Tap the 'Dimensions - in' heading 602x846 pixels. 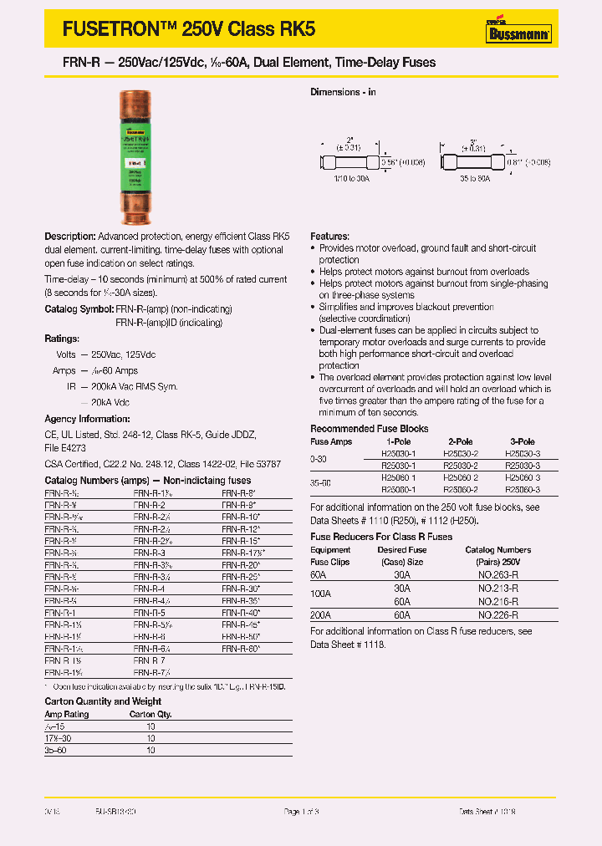pyautogui.click(x=343, y=92)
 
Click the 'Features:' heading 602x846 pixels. pyautogui.click(x=329, y=237)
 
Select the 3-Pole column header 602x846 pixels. pyautogui.click(x=523, y=441)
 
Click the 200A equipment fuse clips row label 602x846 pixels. pyautogui.click(x=320, y=614)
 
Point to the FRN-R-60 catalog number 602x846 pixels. pyautogui.click(x=242, y=648)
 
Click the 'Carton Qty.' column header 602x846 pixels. pyautogui.click(x=150, y=715)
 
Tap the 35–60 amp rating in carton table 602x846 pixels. pyautogui.click(x=56, y=750)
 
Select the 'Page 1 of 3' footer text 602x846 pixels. pyautogui.click(x=302, y=812)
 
